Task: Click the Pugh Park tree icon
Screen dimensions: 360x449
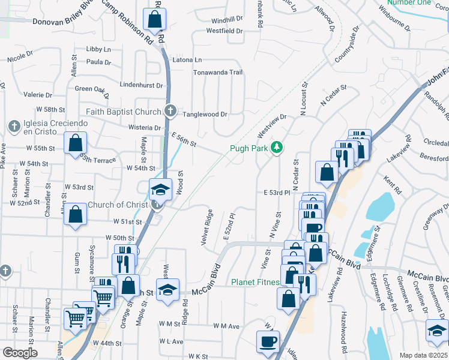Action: pos(277,147)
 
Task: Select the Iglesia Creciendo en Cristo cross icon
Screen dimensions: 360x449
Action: pos(13,125)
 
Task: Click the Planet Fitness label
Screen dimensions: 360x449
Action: pos(256,282)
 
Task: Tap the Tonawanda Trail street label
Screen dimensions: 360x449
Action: pos(217,73)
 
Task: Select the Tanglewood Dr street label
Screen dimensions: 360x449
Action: pos(205,114)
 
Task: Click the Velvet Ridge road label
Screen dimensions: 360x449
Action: pos(208,227)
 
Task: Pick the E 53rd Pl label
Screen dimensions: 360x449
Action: pos(277,193)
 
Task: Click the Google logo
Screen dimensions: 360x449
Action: pos(19,353)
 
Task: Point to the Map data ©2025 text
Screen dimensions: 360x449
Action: pos(423,355)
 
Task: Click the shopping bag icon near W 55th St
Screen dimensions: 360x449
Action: pos(76,143)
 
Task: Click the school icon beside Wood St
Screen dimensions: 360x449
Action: pos(160,190)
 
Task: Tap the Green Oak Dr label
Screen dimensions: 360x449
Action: pos(92,90)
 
